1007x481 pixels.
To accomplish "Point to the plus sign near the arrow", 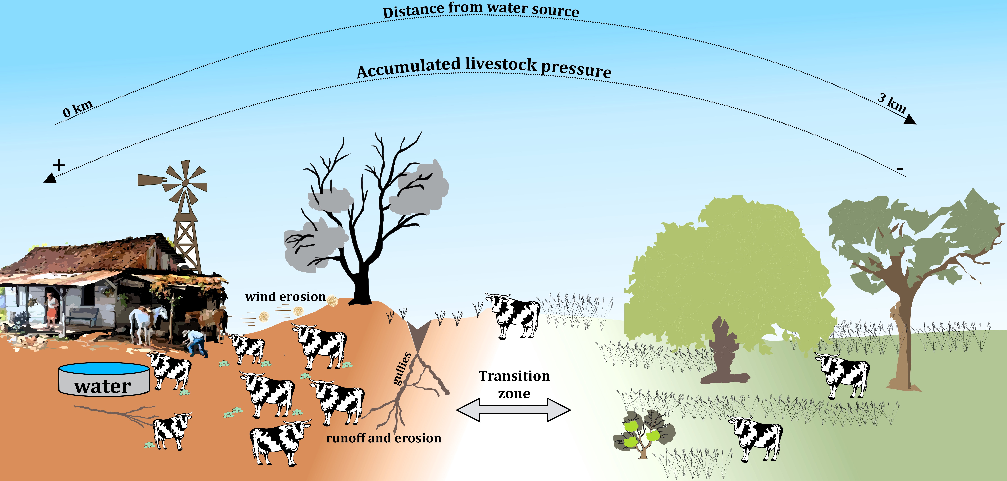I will [59, 166].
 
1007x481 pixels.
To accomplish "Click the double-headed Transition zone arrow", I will [513, 410].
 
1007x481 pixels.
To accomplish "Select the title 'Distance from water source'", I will [481, 10].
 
